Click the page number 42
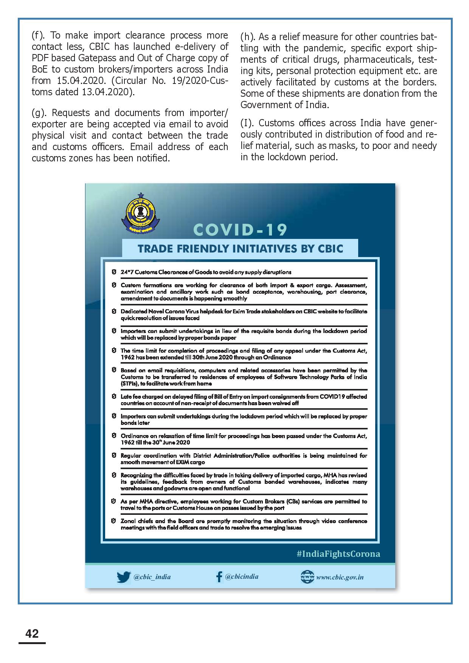point(32,633)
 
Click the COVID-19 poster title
point(240,229)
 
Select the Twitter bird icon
point(123,577)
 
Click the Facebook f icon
point(219,577)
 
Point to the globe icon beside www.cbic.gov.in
point(307,577)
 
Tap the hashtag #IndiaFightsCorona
point(338,554)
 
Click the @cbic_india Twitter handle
point(152,577)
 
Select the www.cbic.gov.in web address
point(340,577)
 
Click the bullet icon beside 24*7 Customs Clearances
point(113,272)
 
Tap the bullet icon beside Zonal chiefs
point(113,521)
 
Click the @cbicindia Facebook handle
point(242,576)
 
